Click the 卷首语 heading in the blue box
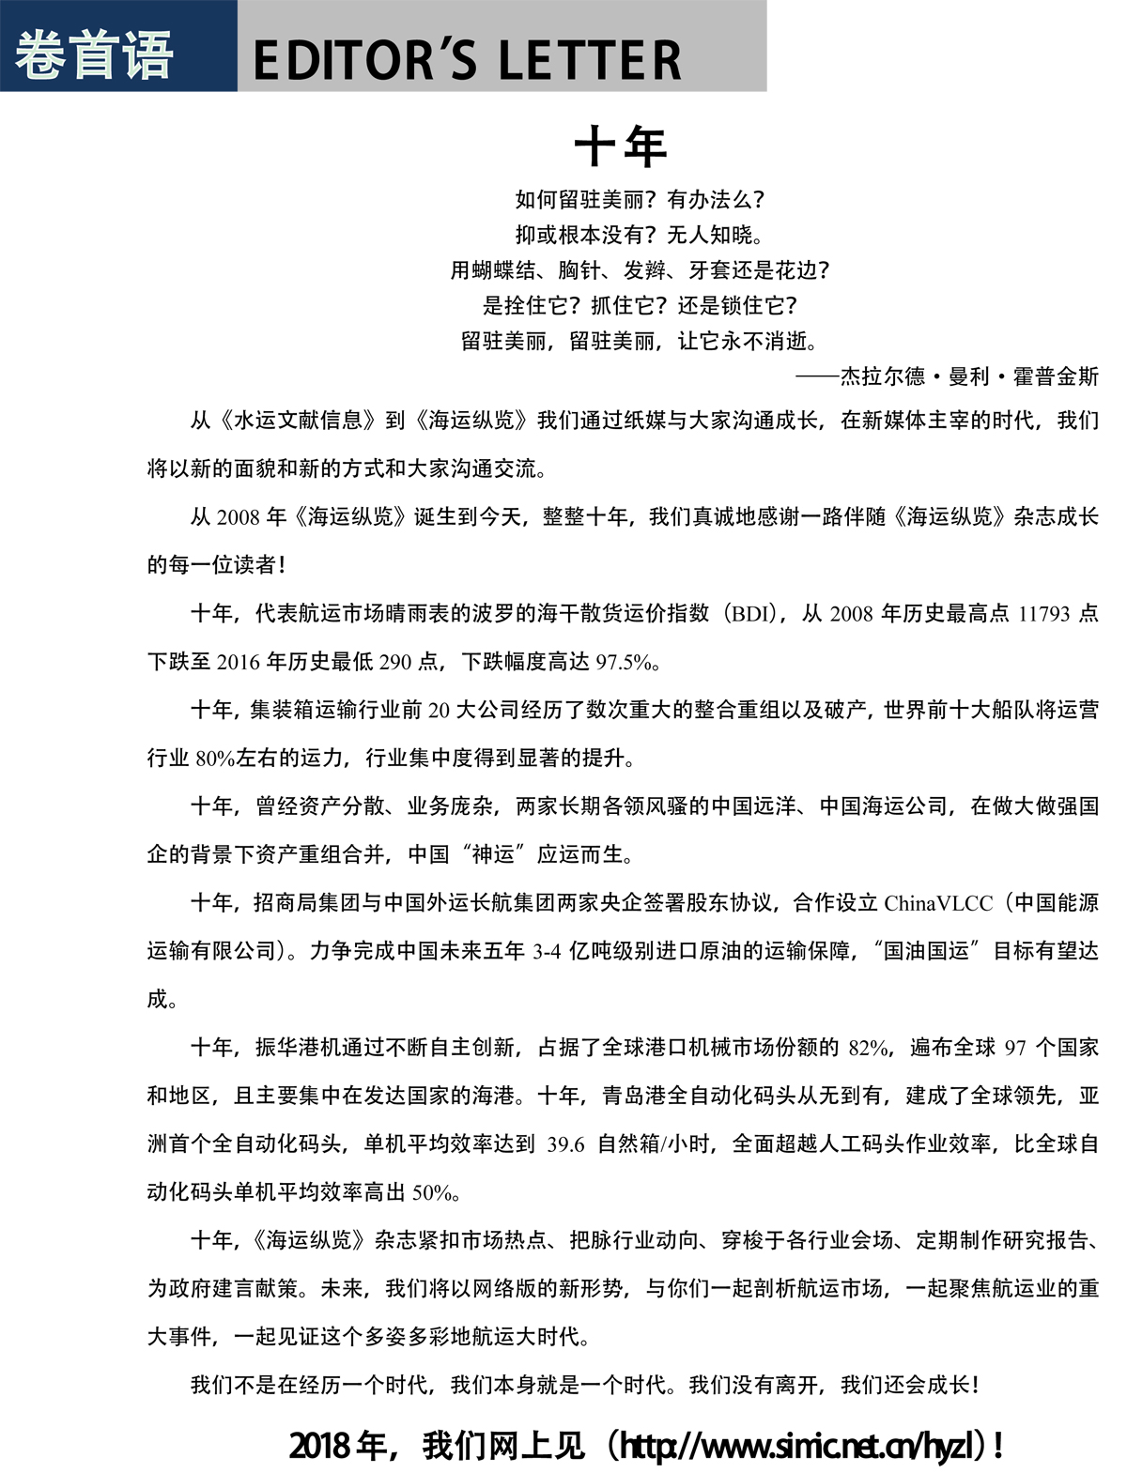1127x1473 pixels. [x=94, y=54]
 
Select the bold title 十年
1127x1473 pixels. [x=620, y=146]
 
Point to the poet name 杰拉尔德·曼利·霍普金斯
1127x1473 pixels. [x=968, y=376]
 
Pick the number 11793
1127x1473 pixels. [x=1043, y=614]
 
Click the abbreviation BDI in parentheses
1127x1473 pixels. [x=754, y=614]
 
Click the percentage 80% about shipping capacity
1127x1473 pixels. [x=215, y=759]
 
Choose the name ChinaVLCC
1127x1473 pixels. [x=937, y=903]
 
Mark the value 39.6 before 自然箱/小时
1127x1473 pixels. [x=565, y=1144]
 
